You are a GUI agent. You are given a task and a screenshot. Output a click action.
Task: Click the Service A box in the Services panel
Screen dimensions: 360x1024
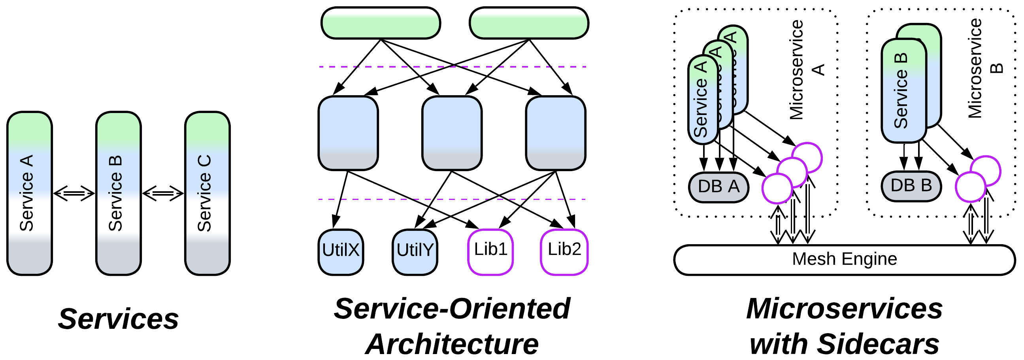coord(29,194)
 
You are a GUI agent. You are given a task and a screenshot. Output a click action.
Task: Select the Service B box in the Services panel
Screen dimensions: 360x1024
coord(119,194)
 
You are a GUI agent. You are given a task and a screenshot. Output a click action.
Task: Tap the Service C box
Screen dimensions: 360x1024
coord(207,194)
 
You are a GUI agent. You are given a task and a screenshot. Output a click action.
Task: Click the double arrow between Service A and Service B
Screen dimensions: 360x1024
coord(74,194)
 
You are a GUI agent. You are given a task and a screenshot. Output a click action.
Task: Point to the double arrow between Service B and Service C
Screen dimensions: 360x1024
coord(163,194)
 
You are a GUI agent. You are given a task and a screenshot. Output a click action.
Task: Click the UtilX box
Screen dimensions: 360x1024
coord(341,252)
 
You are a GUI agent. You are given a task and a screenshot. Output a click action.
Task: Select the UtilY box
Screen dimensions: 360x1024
coord(415,252)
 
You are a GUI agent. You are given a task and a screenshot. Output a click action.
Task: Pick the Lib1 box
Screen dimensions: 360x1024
coord(490,252)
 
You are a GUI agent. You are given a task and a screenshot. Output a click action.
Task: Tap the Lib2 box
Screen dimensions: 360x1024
coord(564,252)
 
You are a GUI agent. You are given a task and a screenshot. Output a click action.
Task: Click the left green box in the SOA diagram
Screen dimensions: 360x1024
coord(381,23)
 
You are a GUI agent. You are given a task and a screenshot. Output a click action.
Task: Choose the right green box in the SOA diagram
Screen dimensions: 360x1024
coord(529,23)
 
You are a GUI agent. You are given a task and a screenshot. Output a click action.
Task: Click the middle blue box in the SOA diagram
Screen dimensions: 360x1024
coord(452,133)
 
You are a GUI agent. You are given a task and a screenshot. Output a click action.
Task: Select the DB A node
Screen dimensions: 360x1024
coord(718,187)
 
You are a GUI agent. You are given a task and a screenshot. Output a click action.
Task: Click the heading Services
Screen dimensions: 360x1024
coord(119,319)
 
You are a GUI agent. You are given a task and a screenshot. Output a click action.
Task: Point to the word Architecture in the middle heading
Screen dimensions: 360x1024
coord(452,344)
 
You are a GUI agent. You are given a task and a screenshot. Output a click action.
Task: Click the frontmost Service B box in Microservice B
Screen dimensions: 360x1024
coord(903,90)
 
